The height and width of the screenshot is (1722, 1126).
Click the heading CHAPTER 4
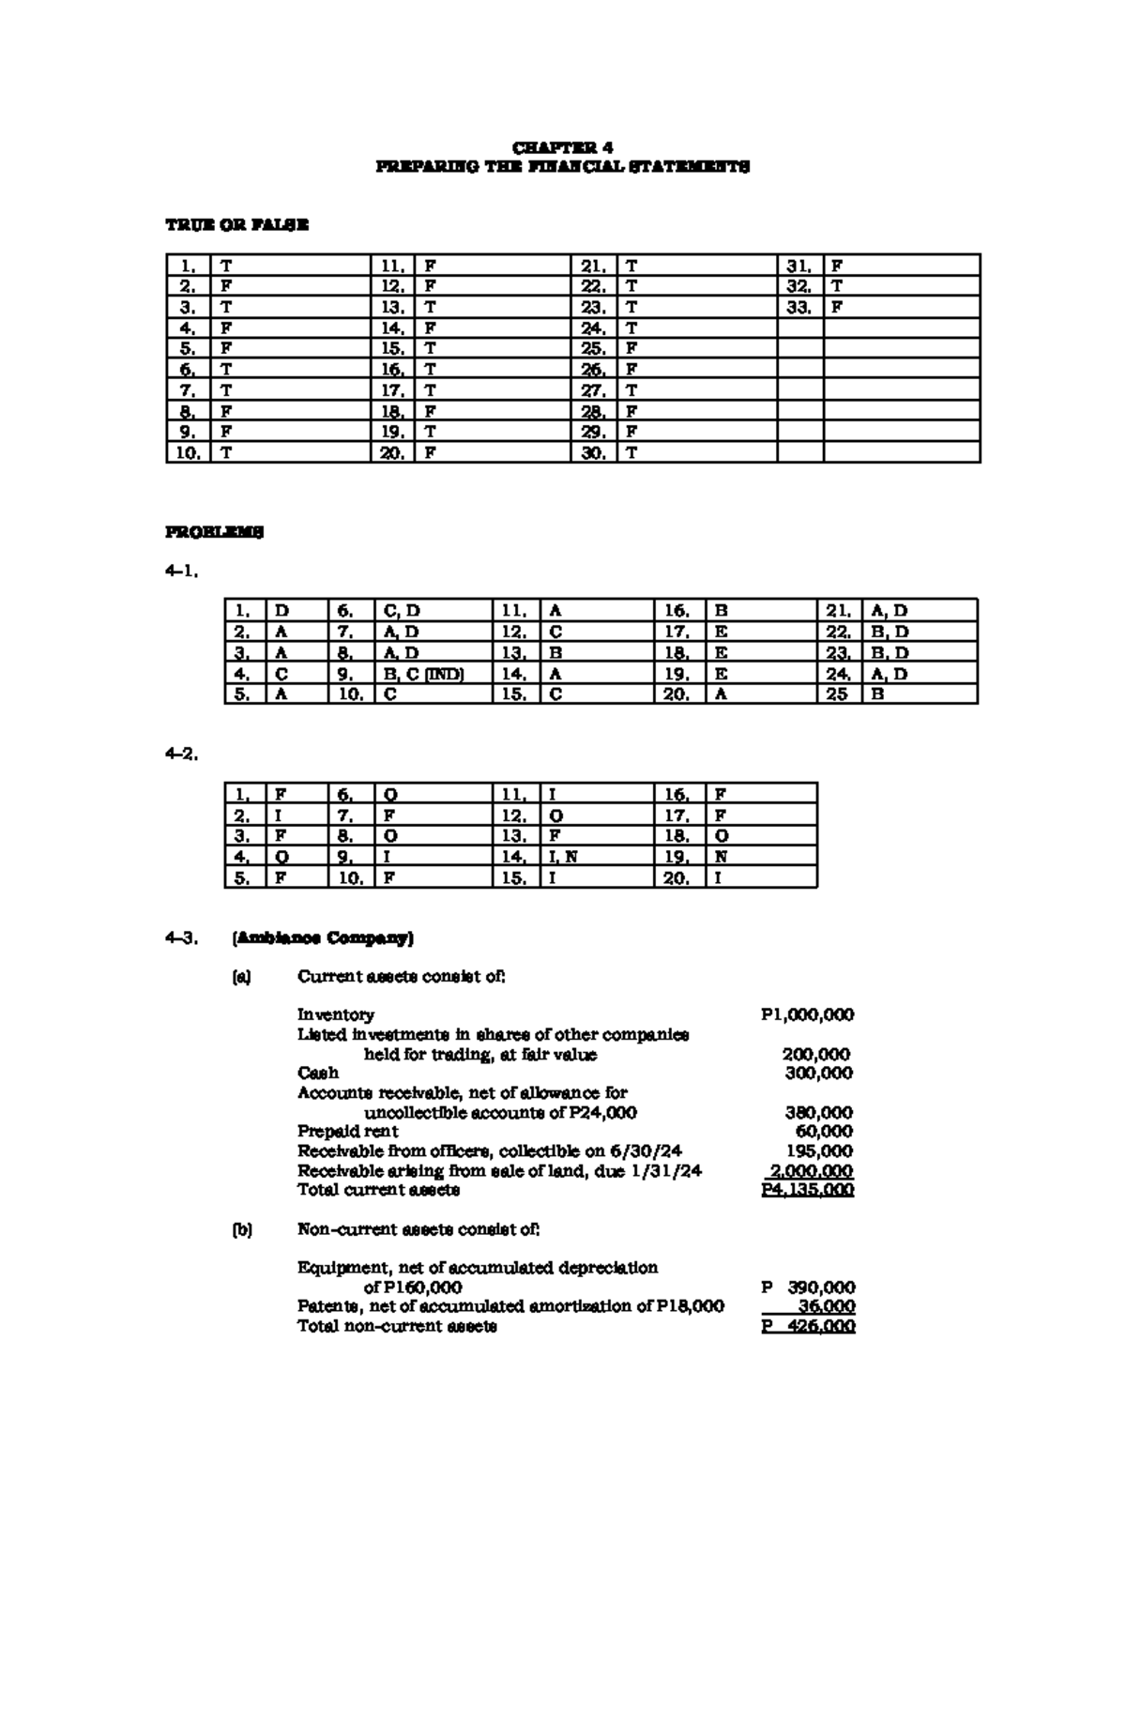562,147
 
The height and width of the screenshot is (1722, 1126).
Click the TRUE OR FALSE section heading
236,225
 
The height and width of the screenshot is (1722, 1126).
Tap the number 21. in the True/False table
593,266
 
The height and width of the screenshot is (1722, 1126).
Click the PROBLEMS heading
215,532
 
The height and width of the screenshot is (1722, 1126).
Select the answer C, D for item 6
403,611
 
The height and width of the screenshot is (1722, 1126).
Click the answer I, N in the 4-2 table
563,857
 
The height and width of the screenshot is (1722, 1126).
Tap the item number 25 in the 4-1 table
837,694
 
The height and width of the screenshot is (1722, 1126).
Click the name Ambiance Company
322,937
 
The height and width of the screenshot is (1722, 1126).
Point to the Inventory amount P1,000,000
807,1014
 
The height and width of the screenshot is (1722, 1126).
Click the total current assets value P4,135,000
807,1190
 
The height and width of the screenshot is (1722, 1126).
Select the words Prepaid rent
347,1132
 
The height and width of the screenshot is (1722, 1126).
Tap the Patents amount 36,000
826,1306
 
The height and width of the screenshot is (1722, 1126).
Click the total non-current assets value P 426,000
808,1326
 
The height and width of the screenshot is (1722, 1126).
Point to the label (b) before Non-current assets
242,1229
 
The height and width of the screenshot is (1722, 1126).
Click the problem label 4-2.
181,754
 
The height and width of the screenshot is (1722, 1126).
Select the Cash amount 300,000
819,1073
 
